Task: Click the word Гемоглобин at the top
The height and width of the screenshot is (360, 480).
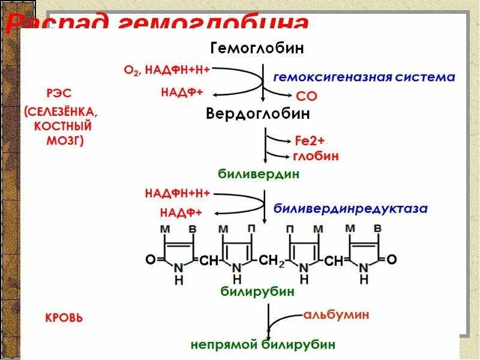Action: click(x=257, y=47)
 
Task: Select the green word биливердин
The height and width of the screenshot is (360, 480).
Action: click(x=258, y=174)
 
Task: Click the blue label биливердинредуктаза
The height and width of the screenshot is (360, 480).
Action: click(x=350, y=209)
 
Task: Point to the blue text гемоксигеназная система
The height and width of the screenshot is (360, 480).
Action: click(x=364, y=77)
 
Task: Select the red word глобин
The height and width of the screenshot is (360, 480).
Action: click(x=316, y=156)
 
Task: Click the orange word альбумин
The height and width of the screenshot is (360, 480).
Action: click(x=335, y=314)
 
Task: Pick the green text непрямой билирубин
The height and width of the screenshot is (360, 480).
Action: click(x=263, y=345)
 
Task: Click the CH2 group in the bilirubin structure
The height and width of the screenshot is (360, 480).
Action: click(x=271, y=260)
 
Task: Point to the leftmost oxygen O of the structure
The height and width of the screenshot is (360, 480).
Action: click(x=150, y=260)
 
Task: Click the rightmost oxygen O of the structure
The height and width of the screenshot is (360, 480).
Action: click(x=391, y=260)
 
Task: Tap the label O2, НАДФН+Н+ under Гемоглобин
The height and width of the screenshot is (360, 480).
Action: click(x=166, y=70)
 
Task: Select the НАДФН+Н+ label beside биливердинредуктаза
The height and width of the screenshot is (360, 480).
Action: click(x=177, y=194)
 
